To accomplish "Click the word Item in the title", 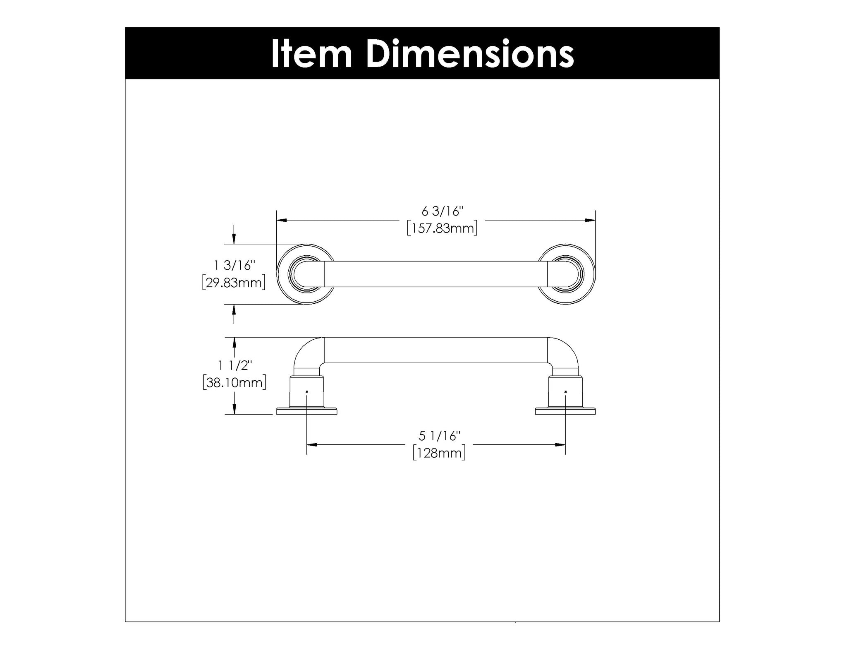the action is click(311, 53).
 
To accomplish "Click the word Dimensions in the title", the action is click(470, 53).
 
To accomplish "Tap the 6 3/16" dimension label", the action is click(443, 211).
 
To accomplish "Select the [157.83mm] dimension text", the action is click(442, 228).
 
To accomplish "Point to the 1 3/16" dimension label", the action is click(234, 265).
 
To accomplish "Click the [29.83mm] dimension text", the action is click(234, 283).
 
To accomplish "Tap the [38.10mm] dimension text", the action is click(234, 382).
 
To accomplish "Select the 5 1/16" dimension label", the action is click(440, 436).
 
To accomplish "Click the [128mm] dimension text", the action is click(439, 453).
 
